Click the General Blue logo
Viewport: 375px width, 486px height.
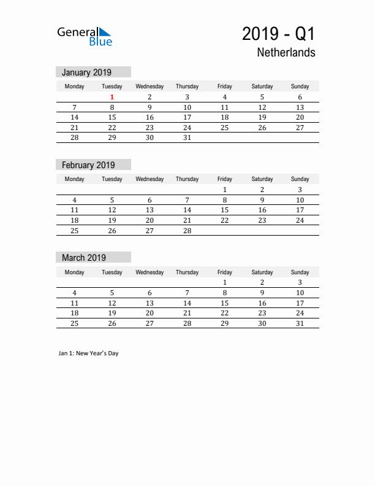tap(85, 36)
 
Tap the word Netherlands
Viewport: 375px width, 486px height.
tap(287, 53)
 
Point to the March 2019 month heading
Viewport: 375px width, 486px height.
tap(84, 258)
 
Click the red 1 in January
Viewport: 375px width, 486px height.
tap(112, 97)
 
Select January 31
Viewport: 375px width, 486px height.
tap(187, 138)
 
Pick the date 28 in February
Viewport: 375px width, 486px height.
tap(187, 231)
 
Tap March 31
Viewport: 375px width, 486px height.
tap(300, 324)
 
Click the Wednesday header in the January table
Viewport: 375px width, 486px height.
tap(150, 87)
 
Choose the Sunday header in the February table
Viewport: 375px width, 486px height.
tap(300, 179)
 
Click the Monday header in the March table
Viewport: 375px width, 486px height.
tap(75, 272)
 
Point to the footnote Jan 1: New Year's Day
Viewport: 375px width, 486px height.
tap(89, 353)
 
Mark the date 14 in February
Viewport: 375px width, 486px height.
tap(187, 210)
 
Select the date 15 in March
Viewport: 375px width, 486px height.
tap(225, 303)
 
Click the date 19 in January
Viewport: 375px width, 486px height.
tap(262, 117)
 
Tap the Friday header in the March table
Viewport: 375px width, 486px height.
tap(225, 272)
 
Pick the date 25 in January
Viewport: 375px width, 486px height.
tap(225, 128)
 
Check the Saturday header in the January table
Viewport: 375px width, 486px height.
tap(262, 87)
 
